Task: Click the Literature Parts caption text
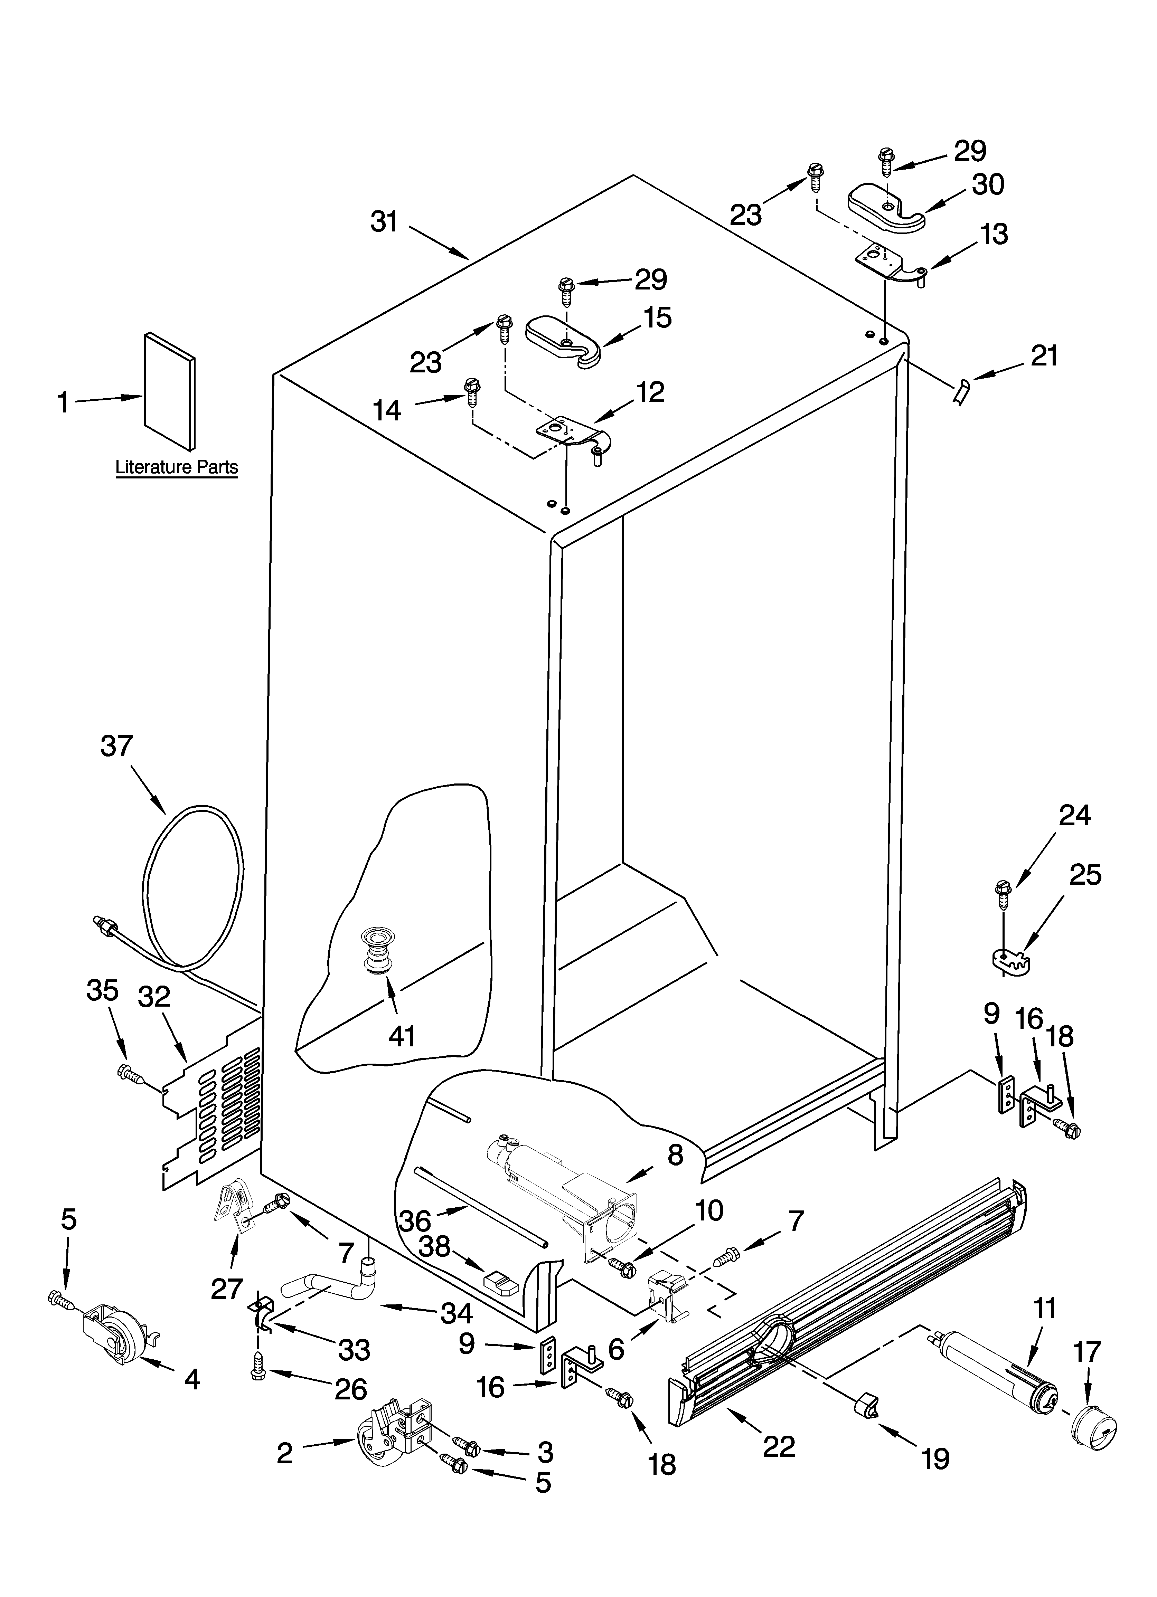point(176,467)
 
